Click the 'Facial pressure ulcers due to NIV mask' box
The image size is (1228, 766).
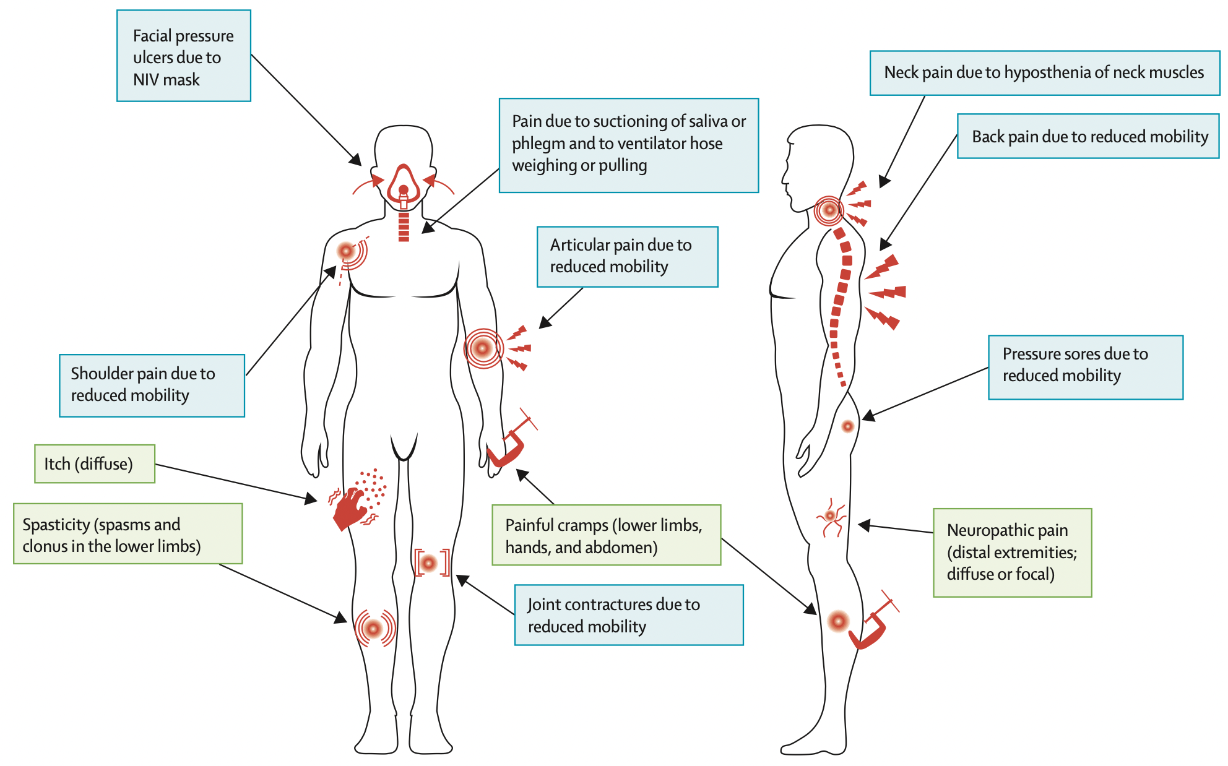[183, 56]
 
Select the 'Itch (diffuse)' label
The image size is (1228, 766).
[94, 463]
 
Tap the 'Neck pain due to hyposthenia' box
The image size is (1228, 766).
[1044, 73]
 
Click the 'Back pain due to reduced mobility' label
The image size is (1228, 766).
[1088, 136]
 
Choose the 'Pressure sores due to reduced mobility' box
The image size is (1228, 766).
[1085, 367]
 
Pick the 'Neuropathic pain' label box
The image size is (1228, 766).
[1012, 552]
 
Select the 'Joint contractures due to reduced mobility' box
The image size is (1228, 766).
[628, 615]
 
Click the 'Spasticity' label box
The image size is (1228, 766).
[128, 534]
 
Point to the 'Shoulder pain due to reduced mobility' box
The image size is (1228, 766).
[152, 385]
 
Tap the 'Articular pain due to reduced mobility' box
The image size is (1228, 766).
[627, 256]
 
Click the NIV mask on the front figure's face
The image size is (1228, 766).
[404, 186]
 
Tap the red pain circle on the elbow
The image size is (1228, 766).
[483, 348]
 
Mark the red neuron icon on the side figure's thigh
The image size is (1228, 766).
[831, 517]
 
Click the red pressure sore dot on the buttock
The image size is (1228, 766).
[848, 426]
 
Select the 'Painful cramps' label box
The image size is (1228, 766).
[606, 535]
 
